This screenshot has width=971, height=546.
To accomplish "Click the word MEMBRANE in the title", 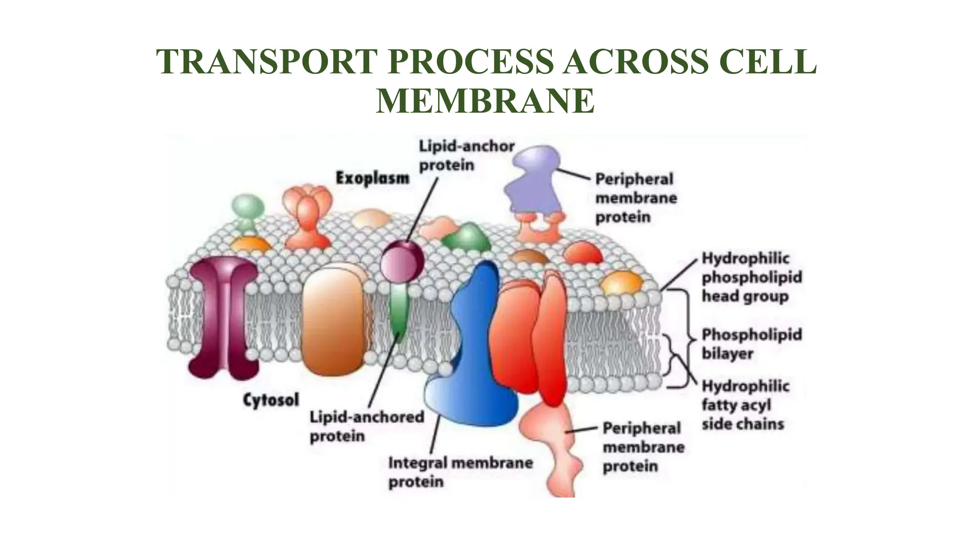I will [485, 101].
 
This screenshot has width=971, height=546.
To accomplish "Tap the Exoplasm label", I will [372, 179].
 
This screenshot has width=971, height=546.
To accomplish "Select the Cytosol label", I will [271, 400].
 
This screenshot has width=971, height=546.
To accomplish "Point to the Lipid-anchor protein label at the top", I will [466, 155].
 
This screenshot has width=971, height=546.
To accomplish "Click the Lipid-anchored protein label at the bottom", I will [366, 426].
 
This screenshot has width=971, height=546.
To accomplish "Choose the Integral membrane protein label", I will [460, 472].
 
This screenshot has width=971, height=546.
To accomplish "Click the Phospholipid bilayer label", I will [751, 344].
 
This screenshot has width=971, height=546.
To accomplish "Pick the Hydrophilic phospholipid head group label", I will [751, 277].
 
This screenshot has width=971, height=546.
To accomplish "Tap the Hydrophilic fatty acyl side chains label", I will [745, 405].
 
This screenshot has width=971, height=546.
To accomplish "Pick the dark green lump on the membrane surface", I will [467, 237].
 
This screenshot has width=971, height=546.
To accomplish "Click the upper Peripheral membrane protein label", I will [635, 198].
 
